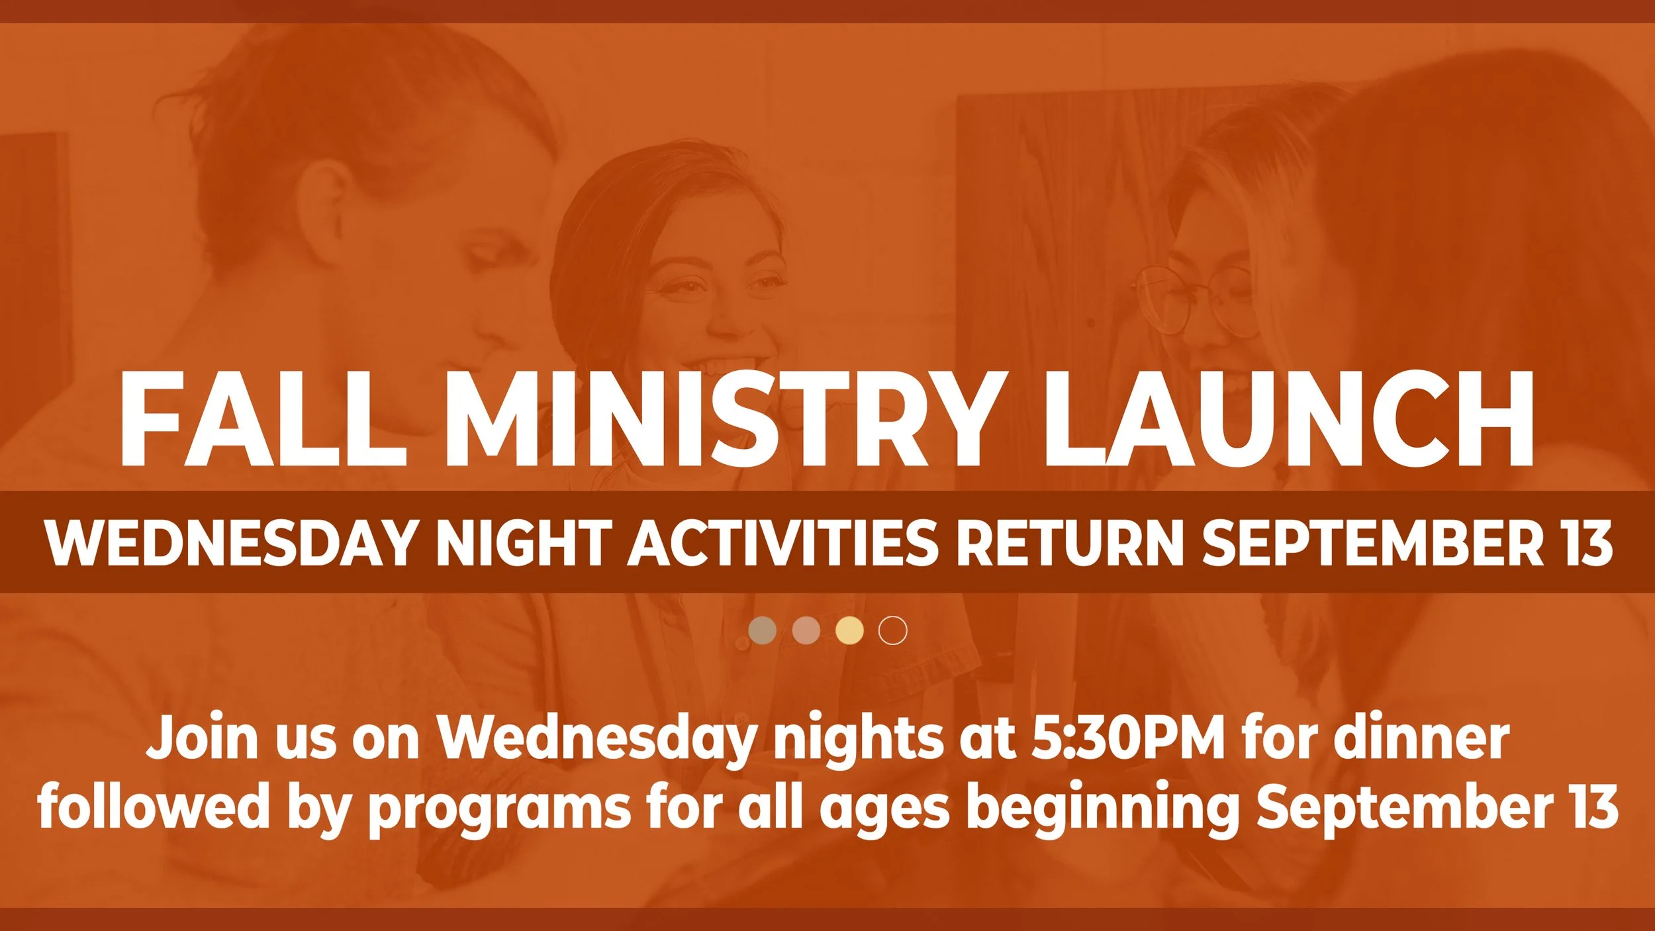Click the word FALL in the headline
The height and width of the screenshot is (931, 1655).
pyautogui.click(x=261, y=418)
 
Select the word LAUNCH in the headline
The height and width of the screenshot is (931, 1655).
pyautogui.click(x=1288, y=418)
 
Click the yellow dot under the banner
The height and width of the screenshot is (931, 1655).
pyautogui.click(x=849, y=630)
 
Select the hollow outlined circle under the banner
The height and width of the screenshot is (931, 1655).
pyautogui.click(x=892, y=630)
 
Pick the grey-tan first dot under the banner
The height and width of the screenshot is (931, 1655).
pyautogui.click(x=763, y=630)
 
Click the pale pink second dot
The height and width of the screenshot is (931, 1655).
pyautogui.click(x=806, y=630)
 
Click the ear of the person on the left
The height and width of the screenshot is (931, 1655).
pyautogui.click(x=331, y=199)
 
